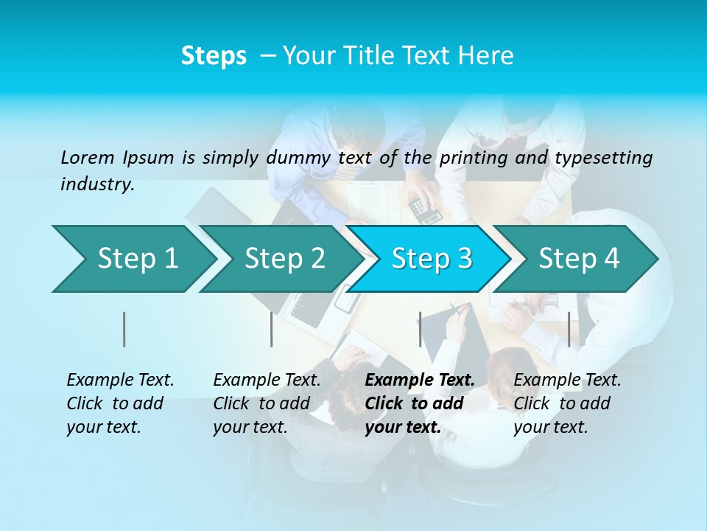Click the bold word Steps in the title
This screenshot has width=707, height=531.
tap(214, 56)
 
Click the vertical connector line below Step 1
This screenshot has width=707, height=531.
tap(124, 329)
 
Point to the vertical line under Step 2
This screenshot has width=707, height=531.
tap(272, 329)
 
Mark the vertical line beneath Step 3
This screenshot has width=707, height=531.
tap(421, 329)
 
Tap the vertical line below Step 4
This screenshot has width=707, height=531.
tap(569, 329)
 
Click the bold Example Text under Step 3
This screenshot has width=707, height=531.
tap(420, 403)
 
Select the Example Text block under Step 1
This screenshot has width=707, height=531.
tap(120, 403)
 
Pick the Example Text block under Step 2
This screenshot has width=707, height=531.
tap(267, 403)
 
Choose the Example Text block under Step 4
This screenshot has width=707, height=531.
tap(567, 403)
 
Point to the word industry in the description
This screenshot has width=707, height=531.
tap(96, 184)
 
